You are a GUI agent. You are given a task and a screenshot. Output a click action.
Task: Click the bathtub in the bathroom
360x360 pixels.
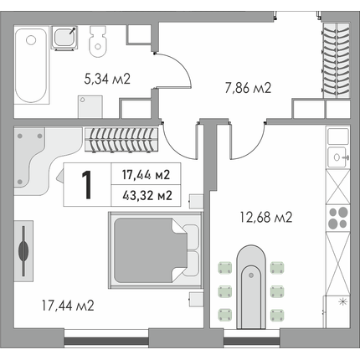tap(30, 65)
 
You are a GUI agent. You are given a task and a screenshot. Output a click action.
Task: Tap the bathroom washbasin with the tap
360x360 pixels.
tap(64, 38)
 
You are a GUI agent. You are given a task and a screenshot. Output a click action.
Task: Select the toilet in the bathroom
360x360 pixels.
tap(98, 42)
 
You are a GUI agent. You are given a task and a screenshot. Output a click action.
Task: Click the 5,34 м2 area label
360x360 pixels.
tap(107, 80)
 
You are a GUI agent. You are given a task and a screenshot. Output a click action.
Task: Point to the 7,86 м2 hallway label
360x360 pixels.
tap(248, 88)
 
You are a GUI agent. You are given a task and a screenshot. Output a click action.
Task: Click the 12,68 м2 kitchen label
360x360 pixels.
tap(266, 217)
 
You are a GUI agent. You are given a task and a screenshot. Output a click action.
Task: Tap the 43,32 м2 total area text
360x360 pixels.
tap(147, 196)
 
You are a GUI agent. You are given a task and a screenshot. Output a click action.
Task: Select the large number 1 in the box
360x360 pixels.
tap(87, 185)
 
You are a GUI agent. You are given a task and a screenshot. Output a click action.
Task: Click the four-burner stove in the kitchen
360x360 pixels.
tap(338, 218)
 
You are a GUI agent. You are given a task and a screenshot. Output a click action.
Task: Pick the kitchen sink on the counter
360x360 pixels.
tap(338, 157)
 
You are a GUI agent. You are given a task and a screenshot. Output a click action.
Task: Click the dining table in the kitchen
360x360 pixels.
tap(251, 287)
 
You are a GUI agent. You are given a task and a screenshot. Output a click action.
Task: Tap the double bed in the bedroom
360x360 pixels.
tap(156, 249)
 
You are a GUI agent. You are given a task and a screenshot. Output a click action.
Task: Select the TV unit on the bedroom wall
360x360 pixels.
tap(23, 251)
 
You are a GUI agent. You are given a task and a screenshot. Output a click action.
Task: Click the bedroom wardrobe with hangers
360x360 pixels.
tap(121, 140)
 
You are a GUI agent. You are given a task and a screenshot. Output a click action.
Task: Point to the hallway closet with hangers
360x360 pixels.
tap(337, 60)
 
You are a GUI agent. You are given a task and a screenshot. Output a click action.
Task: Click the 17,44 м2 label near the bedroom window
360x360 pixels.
tap(68, 306)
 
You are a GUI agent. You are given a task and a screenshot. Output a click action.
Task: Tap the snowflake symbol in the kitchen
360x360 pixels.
tap(342, 301)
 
